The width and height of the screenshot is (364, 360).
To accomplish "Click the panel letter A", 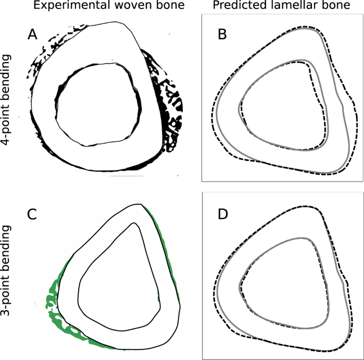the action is (33, 35).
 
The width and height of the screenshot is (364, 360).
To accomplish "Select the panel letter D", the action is (223, 215).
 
